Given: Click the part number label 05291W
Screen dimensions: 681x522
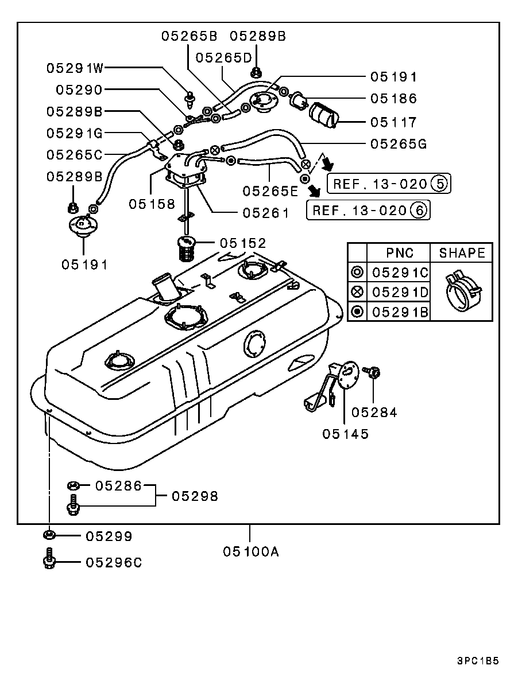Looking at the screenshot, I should click(75, 68).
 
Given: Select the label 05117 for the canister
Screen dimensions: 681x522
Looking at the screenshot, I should click(393, 122).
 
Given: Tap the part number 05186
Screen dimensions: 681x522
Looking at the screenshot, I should click(393, 99).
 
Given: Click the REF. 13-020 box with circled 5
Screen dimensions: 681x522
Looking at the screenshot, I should click(389, 184).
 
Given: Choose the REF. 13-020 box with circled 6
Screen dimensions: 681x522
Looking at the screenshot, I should click(369, 211).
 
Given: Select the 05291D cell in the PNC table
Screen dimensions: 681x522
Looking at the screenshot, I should click(400, 292).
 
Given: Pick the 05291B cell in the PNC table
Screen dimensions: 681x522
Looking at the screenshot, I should click(400, 312).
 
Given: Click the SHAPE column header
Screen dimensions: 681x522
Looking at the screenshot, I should click(462, 253).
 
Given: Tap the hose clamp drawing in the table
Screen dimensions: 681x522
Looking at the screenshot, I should click(463, 291).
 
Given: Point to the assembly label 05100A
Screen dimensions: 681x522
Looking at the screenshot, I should click(251, 551).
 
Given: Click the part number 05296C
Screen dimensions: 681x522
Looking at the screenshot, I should click(114, 562).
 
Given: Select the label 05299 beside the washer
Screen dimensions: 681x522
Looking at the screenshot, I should click(109, 536).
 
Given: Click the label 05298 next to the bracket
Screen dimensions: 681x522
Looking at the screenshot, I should click(195, 496).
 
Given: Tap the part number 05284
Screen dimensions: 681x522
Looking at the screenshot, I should click(374, 413).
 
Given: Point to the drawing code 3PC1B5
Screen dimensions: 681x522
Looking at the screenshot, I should click(478, 661).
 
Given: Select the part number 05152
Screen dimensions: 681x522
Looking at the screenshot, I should click(243, 243).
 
